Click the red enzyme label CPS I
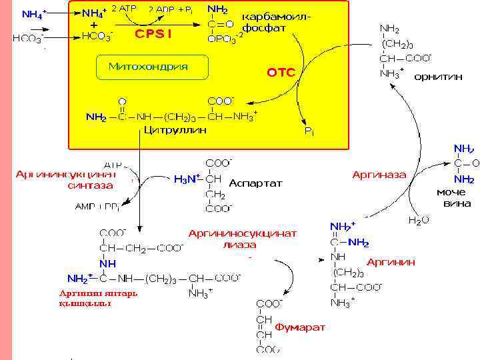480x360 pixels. [153, 34]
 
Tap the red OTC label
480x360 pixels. [281, 73]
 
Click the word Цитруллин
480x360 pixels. [175, 130]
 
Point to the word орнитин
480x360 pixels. [438, 77]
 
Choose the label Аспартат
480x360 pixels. [255, 182]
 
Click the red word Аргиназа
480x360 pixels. [379, 174]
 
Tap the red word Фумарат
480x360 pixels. [300, 327]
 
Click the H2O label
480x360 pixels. [418, 219]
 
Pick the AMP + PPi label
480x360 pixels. [97, 207]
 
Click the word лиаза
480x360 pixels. [239, 245]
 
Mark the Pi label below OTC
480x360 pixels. [309, 132]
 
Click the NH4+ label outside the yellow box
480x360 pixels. [34, 14]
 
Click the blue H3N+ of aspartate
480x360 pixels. [187, 179]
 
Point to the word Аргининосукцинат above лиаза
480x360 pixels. [243, 233]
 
